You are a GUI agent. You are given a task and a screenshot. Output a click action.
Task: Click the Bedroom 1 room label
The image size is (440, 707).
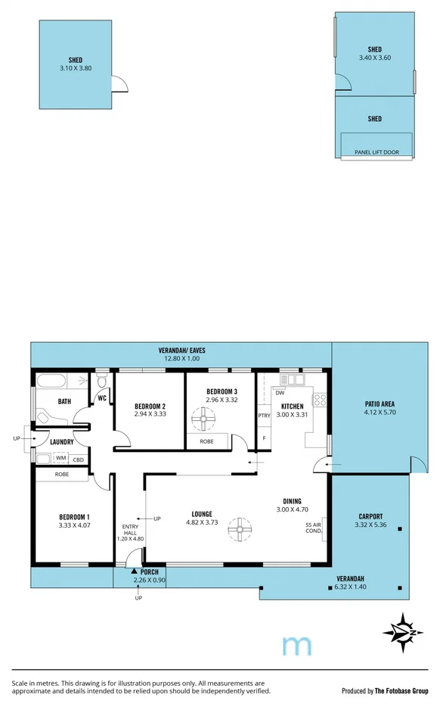pyautogui.click(x=75, y=518)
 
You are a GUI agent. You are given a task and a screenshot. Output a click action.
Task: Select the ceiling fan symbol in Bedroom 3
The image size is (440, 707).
pyautogui.click(x=203, y=417)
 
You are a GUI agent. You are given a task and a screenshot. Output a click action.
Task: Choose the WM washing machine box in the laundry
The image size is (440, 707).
pyautogui.click(x=60, y=459)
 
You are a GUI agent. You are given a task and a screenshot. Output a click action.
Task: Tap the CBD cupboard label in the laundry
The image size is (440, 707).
pyautogui.click(x=79, y=459)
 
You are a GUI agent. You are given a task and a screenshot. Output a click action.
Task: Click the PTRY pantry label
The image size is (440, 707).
pyautogui.click(x=264, y=416)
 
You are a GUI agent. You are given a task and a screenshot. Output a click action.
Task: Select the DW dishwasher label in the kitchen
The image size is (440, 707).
pyautogui.click(x=280, y=393)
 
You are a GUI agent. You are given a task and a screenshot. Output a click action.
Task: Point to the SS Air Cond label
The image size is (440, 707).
pyautogui.click(x=313, y=528)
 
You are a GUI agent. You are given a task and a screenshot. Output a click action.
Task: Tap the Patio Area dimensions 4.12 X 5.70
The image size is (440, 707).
pyautogui.click(x=380, y=413)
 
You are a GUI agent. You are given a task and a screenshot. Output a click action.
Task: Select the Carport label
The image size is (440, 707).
pyautogui.click(x=370, y=516)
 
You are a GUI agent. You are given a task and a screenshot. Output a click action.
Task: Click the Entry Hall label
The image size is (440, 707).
pyautogui.click(x=133, y=532)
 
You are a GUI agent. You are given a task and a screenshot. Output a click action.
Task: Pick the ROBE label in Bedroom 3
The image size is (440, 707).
pyautogui.click(x=206, y=441)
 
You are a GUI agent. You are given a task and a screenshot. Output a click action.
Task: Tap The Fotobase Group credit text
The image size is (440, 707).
pyautogui.click(x=402, y=690)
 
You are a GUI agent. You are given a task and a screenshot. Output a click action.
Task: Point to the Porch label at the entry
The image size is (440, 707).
pyautogui.click(x=149, y=572)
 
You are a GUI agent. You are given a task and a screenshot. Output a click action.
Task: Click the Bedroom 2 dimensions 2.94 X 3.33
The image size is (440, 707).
pyautogui.click(x=150, y=414)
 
